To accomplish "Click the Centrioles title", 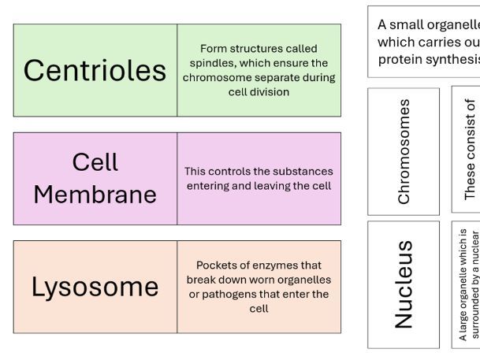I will pos(95,70).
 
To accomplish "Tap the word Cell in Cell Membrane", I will pos(95,162).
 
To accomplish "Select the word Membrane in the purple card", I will pos(95,194).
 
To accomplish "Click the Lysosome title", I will pos(95,287).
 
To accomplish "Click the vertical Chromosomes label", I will pos(404,150).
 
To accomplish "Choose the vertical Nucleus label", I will pos(403,284).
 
